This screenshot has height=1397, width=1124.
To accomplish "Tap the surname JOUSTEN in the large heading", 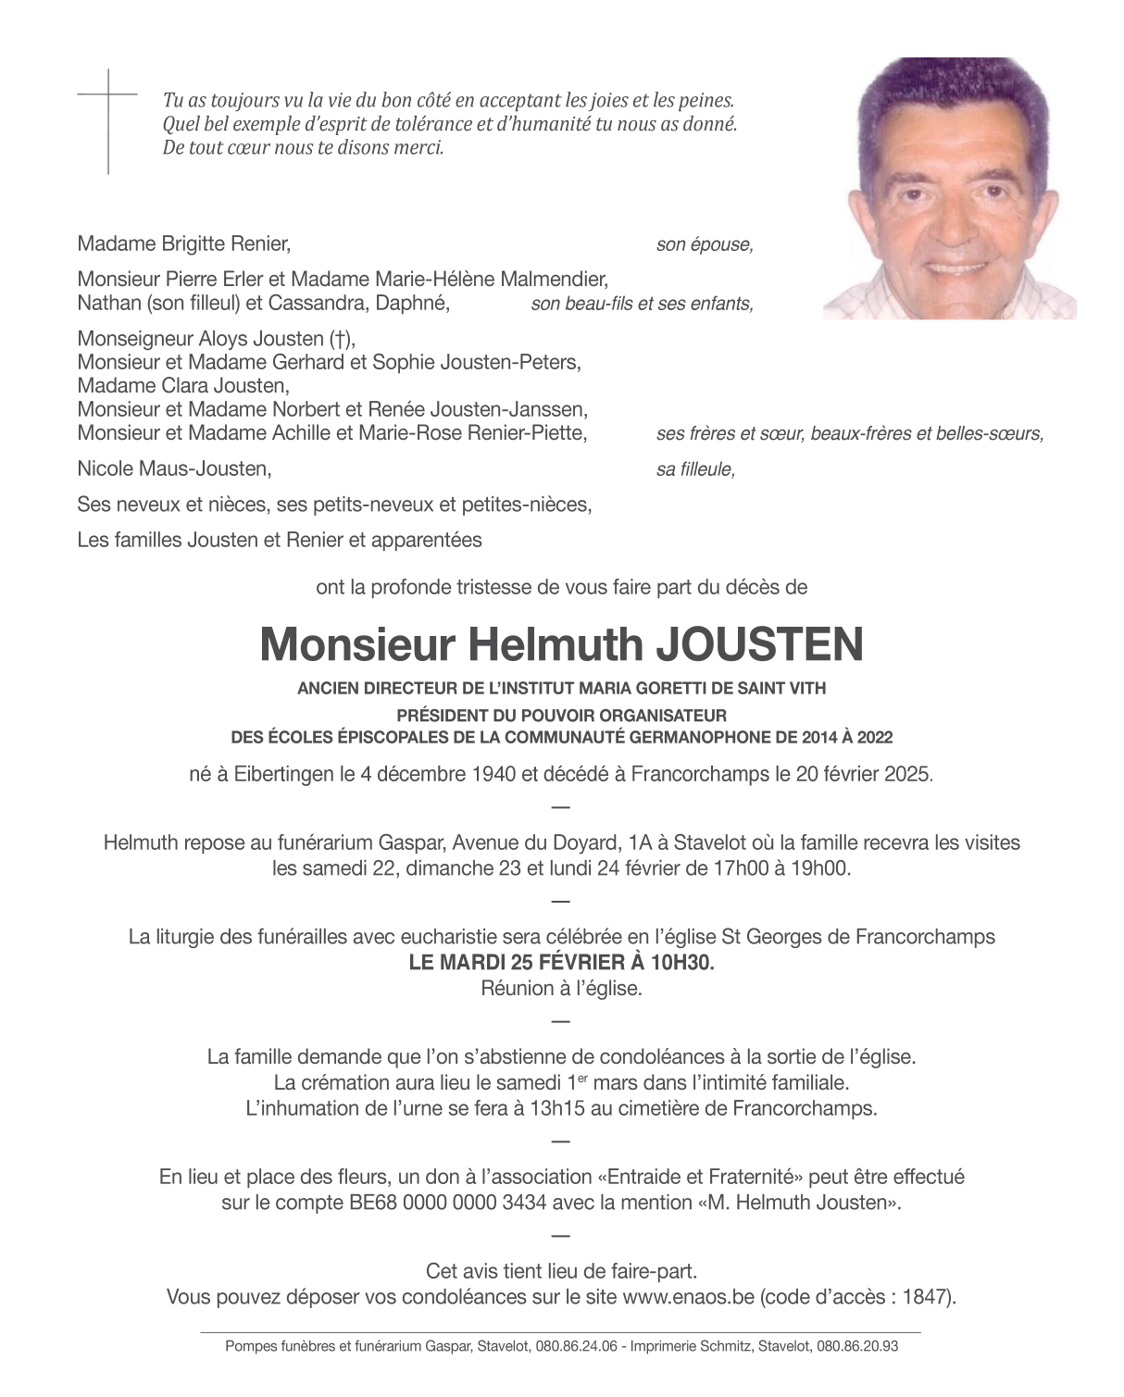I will point(759,645).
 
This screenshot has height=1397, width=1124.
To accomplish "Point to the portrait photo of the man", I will point(950,189).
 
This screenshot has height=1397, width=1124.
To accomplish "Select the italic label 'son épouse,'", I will point(705,245).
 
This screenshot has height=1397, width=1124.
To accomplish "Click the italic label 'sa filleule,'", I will point(695,470).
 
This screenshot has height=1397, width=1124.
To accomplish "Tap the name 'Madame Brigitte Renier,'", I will point(184,245).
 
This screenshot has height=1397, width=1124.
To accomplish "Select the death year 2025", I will point(909,775).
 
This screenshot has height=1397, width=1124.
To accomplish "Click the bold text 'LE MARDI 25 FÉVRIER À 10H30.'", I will point(562,963).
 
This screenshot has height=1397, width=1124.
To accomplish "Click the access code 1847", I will point(927,1297).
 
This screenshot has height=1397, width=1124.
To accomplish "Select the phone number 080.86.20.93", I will point(857,1347).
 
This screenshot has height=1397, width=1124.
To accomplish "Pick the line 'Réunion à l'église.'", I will point(561,989).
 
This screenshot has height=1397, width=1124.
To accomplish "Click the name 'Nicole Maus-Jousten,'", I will point(175,469).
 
